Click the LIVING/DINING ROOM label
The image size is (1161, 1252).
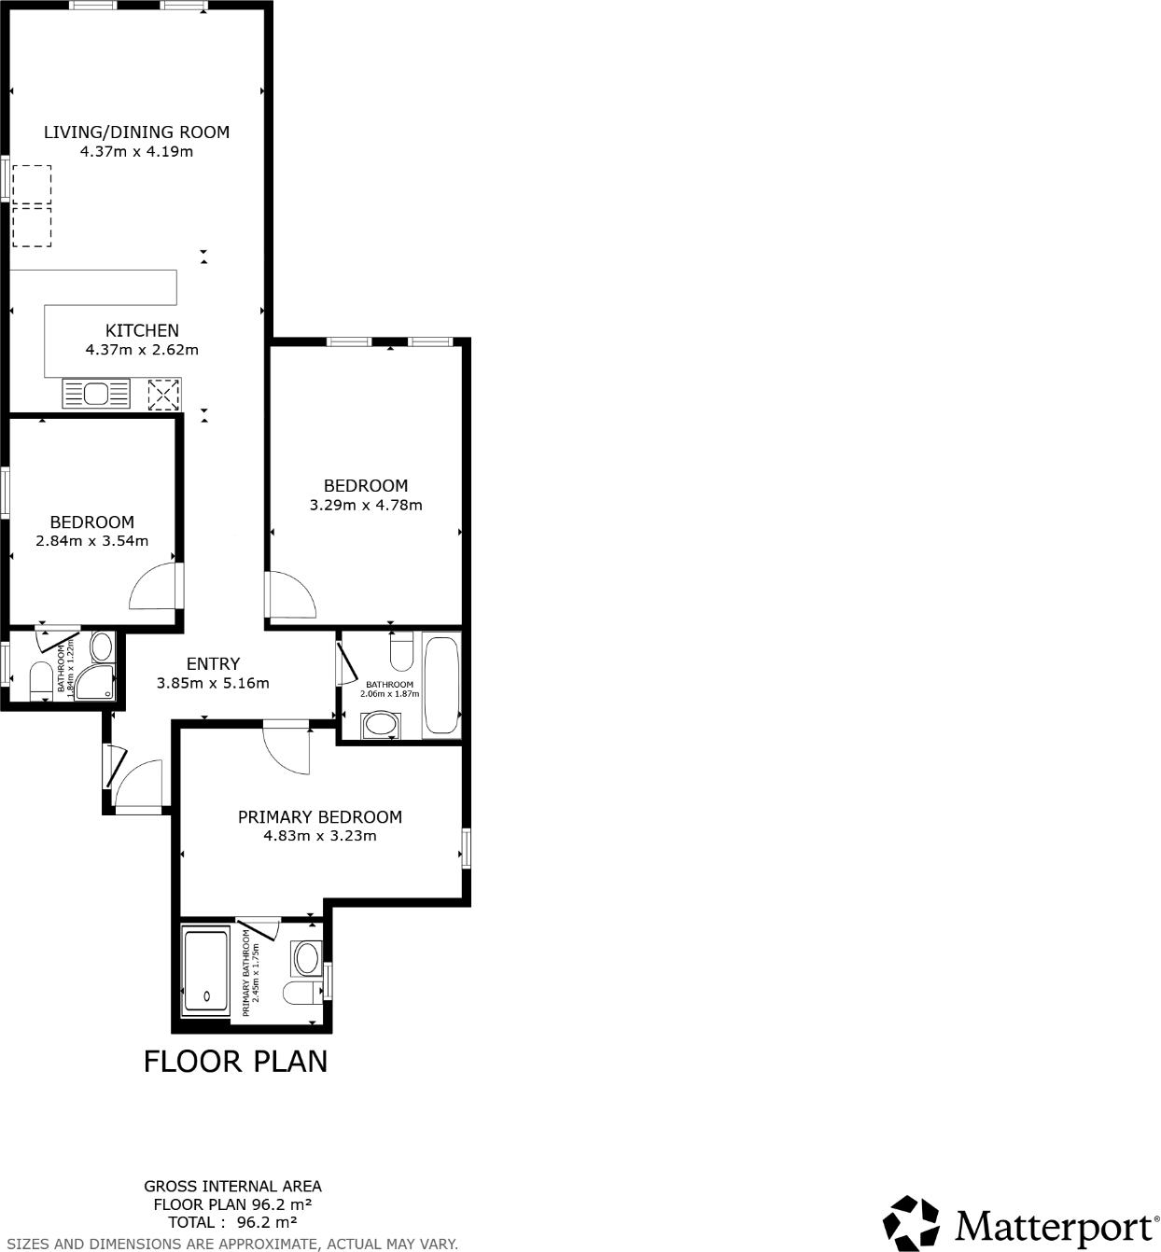pos(136,132)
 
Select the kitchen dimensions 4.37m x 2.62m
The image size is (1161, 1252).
pos(142,351)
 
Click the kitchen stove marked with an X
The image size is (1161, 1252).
pos(163,395)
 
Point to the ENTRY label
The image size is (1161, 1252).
pos(213,664)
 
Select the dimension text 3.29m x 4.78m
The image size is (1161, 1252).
pos(366,506)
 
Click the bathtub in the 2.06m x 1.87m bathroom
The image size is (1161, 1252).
pos(441,686)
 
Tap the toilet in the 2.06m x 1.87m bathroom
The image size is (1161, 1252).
pos(401,652)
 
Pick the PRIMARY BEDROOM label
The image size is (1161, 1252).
pos(320,817)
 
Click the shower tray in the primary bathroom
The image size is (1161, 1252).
pos(205,969)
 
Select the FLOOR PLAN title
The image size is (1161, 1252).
pos(235,1062)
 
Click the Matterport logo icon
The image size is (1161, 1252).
pos(911,1221)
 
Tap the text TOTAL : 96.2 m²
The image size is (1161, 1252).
pos(232,1222)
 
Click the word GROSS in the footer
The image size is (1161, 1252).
pos(169,1187)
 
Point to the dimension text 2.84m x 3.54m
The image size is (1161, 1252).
pos(91,541)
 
